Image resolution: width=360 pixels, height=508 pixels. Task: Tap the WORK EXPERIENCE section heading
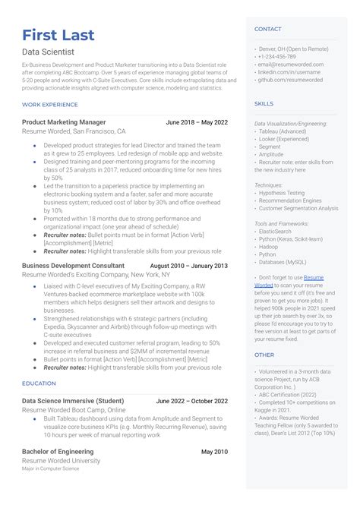[x=50, y=104]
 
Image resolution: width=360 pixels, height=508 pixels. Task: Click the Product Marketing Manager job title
[x=64, y=122]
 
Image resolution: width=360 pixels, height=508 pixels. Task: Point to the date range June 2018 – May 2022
[x=196, y=122]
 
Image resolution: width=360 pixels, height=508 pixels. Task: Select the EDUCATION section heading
[x=39, y=383]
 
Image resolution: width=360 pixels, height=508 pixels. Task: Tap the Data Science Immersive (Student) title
[x=73, y=401]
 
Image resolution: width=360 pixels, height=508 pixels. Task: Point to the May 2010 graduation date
[x=213, y=452]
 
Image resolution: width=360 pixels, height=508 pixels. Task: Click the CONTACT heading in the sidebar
[x=268, y=29]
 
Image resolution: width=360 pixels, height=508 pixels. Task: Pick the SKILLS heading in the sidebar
[x=264, y=103]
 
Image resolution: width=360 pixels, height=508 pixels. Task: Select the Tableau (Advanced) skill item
[x=283, y=131]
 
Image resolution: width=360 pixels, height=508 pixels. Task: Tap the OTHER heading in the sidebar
[x=264, y=355]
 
